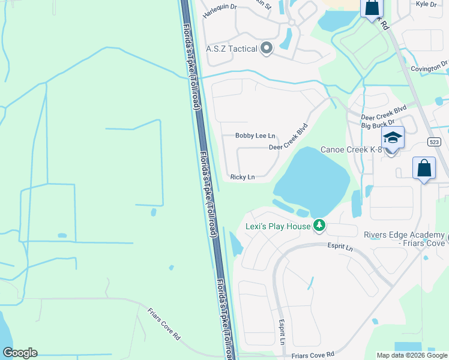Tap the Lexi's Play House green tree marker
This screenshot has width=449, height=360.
point(320,226)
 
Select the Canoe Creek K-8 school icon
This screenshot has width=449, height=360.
point(393,139)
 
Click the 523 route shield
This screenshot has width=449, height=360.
point(435,142)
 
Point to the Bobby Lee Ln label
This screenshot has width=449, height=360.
point(255,136)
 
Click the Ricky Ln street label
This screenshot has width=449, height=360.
point(243,177)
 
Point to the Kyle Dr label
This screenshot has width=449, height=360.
point(426,4)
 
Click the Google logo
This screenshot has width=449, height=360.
point(20,353)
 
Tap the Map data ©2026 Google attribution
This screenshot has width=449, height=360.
point(411,355)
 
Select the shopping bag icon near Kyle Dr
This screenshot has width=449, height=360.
point(372,7)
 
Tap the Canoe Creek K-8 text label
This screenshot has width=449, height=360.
point(351,149)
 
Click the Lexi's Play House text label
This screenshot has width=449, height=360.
point(279,226)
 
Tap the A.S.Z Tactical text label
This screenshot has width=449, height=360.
point(231,49)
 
